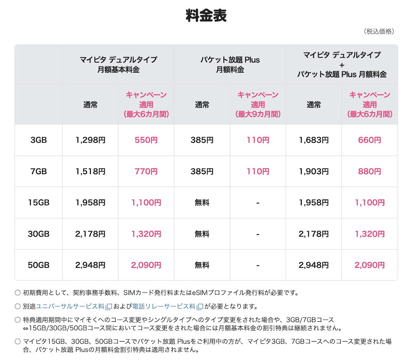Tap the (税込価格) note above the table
coord(379,31)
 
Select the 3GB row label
coord(38,140)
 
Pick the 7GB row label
coord(38,172)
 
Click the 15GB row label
coord(38,203)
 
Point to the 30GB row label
coord(38,234)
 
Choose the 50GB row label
coord(38,265)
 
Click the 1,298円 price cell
coord(90,140)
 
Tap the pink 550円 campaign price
coord(146,140)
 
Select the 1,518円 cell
coord(90,172)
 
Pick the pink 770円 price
coord(146,172)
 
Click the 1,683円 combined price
coord(314,140)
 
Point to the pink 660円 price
coord(370,140)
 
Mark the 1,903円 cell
coord(314,172)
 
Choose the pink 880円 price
coord(370,172)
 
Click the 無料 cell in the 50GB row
coord(202,265)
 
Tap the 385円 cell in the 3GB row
coord(202,140)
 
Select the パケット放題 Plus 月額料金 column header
coord(230,65)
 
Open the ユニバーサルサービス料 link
coord(70,306)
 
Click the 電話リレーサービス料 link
coord(164,306)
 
